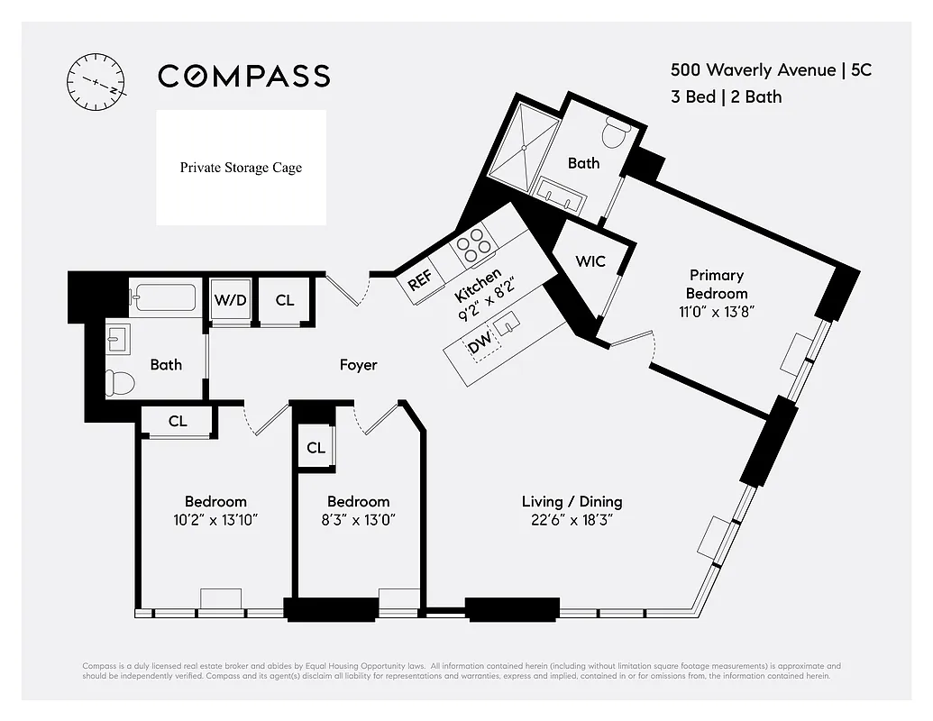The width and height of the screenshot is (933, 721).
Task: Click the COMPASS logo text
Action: pos(243,76)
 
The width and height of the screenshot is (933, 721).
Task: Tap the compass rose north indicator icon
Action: pos(95,81)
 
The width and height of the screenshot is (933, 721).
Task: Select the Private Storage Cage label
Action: pos(241,168)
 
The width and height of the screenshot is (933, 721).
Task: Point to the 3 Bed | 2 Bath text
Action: pos(726,96)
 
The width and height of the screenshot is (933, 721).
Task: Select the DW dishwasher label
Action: pos(478,345)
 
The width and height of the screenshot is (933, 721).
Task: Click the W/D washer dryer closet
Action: pos(230,300)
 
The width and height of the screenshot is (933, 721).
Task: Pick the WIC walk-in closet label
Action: pos(590,261)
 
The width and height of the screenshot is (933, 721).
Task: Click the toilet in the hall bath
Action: pos(118,384)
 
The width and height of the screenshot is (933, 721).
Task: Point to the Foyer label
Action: pos(358,365)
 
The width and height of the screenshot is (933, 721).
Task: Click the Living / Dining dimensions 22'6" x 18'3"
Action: pos(572,520)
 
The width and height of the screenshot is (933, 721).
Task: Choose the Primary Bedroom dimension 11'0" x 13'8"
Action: pos(717,312)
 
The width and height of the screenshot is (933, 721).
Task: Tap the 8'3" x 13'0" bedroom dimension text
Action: pos(358,520)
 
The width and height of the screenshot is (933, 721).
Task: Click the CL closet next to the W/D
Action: pos(285,300)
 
